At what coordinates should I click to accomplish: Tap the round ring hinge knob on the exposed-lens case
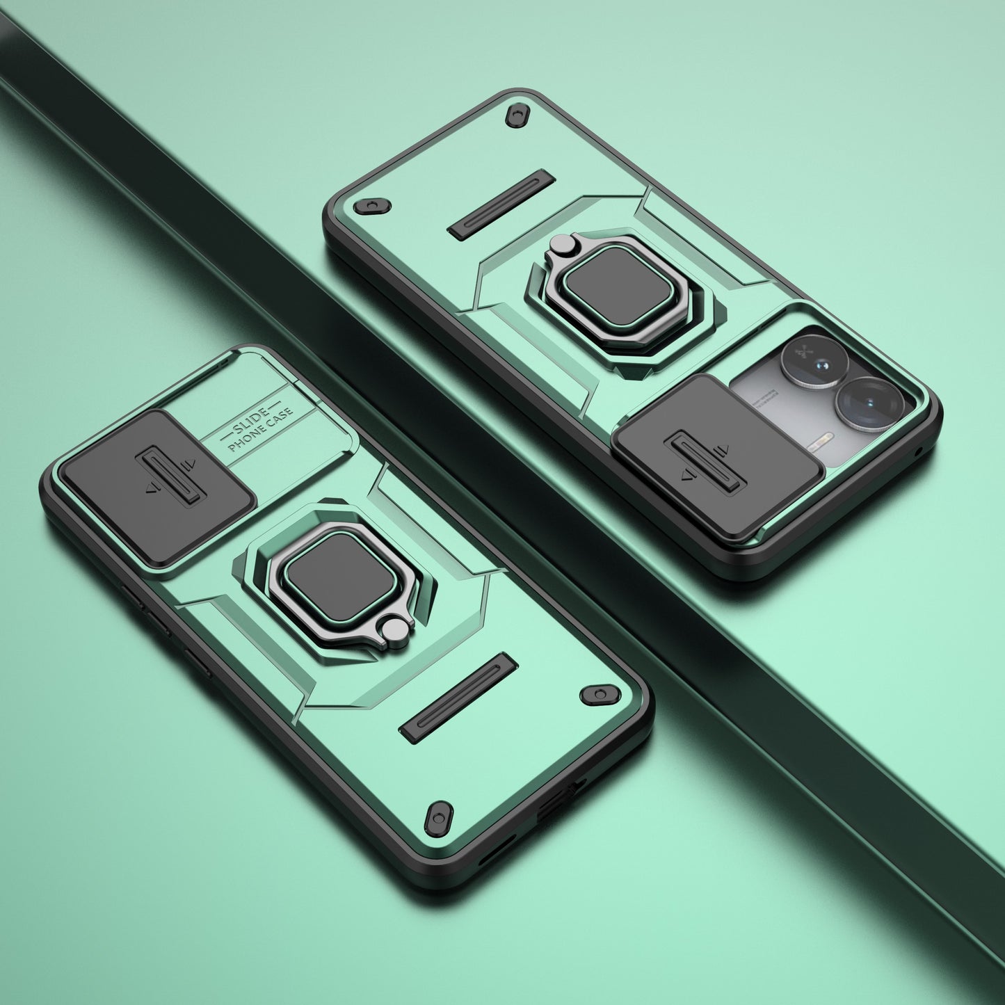pyautogui.click(x=562, y=243)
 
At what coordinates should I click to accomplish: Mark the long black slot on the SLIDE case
pyautogui.click(x=459, y=696)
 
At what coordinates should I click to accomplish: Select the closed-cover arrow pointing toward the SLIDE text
pyautogui.click(x=186, y=465)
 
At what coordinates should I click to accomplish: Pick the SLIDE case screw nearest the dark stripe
pyautogui.click(x=597, y=694)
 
